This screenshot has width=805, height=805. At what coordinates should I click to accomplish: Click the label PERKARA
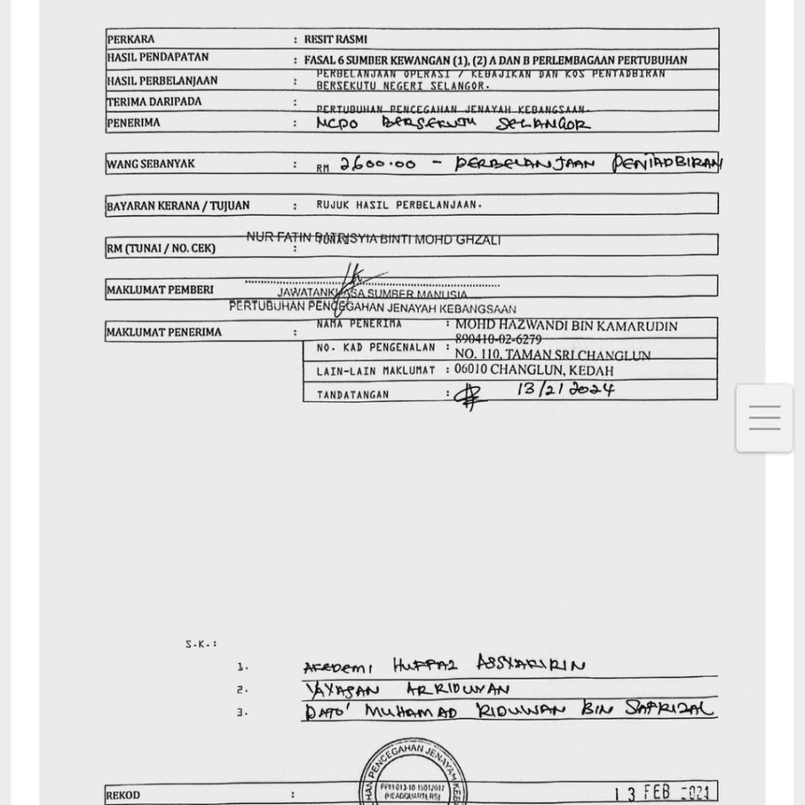130,39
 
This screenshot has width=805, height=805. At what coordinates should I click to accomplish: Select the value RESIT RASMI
336,39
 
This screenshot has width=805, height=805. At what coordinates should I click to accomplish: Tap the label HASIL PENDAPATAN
157,58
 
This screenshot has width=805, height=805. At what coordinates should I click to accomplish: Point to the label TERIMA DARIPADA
154,101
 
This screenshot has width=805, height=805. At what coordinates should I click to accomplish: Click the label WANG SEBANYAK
151,164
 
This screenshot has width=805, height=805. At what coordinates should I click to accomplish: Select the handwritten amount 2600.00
377,164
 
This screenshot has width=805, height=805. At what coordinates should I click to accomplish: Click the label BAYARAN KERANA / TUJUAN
178,206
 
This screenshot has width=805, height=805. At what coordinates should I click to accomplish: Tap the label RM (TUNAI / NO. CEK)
160,248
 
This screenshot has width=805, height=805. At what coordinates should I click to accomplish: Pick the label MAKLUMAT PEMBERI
160,290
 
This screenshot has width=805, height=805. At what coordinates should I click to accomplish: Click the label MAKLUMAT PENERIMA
164,333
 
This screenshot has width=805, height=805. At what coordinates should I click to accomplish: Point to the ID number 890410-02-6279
498,340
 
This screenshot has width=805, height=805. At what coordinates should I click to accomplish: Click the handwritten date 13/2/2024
565,389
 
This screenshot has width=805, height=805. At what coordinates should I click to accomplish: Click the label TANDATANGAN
352,395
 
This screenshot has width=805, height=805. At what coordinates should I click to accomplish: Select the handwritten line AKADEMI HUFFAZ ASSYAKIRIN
444,665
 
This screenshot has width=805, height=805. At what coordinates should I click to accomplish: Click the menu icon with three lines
764,417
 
